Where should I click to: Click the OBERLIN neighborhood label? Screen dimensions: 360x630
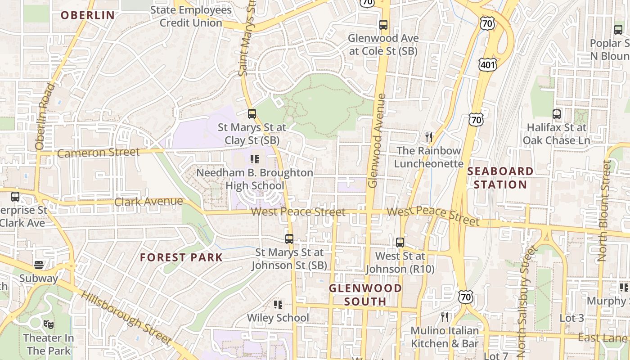coord(88,15)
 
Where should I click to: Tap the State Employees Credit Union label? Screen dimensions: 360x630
coord(191,16)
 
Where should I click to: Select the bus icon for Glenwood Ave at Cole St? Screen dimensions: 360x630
coord(383,25)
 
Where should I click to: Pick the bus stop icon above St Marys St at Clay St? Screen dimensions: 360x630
coord(252,114)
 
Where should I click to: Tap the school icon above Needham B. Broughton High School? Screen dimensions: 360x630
coord(255,159)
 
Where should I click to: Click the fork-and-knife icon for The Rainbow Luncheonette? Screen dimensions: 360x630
coord(428,137)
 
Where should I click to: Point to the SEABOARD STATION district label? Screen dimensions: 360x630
coord(500,178)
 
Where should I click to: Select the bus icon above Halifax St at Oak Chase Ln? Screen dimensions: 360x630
coord(557,114)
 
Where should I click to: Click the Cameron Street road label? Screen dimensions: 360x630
coord(99,153)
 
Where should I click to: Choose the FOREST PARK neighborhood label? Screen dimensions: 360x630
coord(181,257)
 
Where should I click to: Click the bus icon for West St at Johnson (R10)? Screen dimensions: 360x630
coord(400,243)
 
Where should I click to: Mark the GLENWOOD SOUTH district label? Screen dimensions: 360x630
coord(365,295)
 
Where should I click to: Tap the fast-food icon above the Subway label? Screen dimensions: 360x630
coord(39,265)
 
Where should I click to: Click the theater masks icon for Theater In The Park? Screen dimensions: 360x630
coord(48,324)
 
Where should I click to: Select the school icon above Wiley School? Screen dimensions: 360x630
coord(278,305)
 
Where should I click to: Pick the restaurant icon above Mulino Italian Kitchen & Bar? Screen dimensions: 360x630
coord(445,317)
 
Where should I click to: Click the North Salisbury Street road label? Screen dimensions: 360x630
coord(526,299)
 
